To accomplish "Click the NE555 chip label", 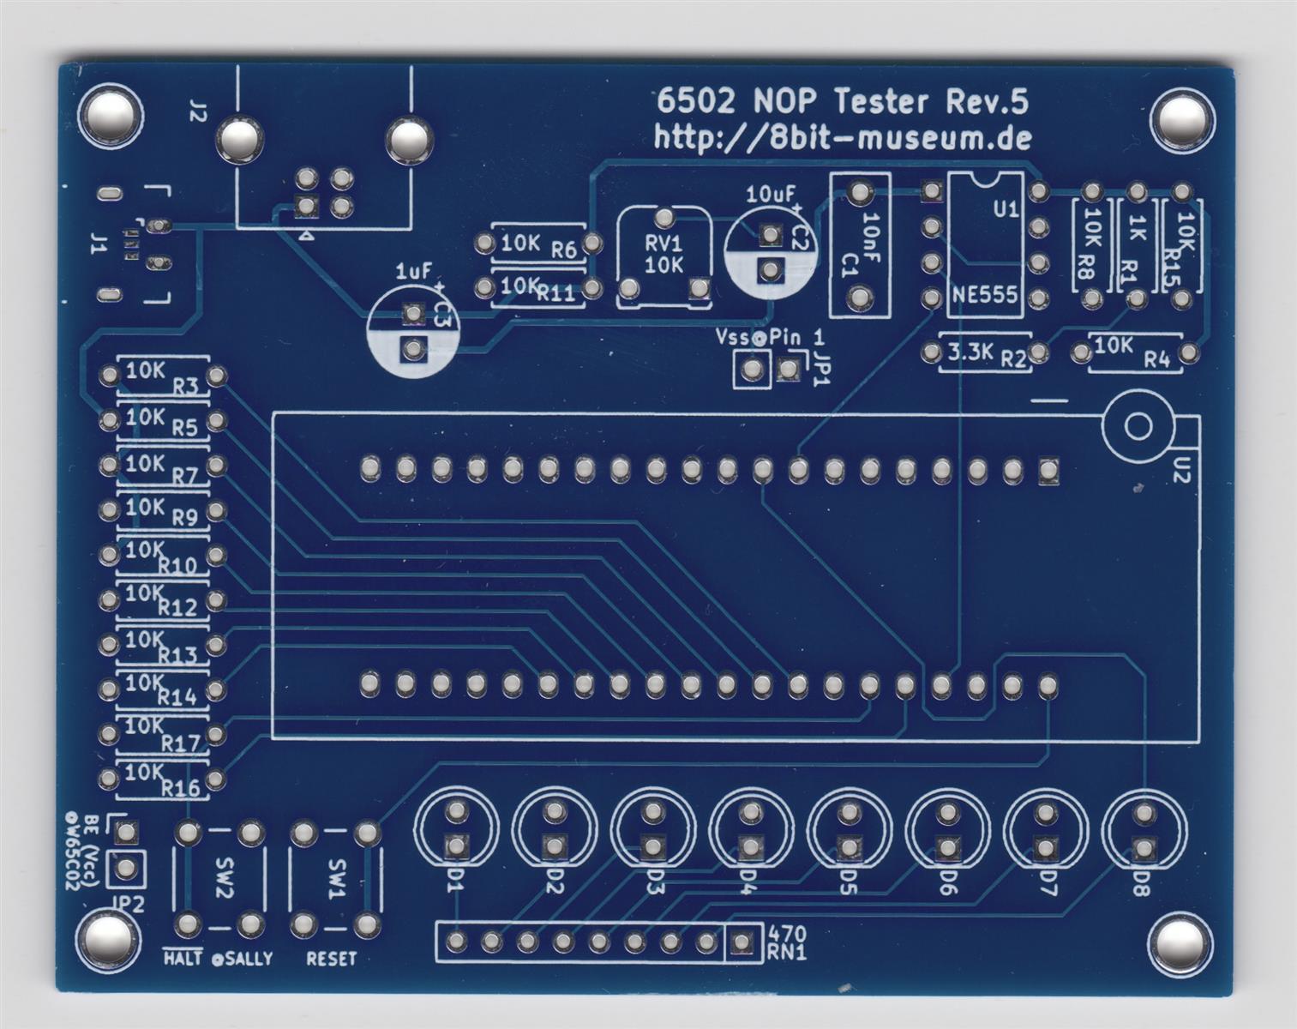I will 984,296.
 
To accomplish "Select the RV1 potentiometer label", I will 664,243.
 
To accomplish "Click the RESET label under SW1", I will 331,959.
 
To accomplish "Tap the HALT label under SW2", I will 183,959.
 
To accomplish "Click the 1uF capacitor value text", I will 413,272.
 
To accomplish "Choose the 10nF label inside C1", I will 870,230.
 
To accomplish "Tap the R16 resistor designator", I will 181,788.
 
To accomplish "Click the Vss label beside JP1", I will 732,337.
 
